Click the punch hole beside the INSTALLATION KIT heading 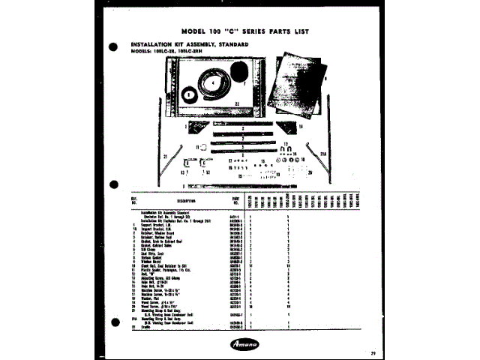[x=115, y=46]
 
